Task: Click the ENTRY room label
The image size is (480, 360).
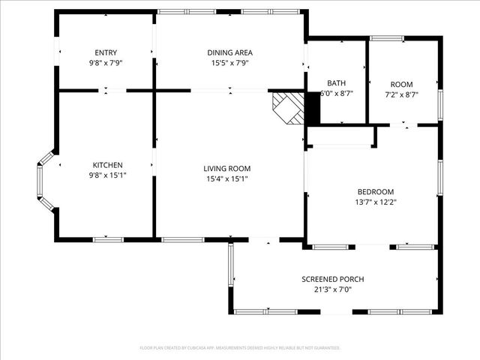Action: point(106,52)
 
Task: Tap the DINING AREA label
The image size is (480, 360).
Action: point(229,52)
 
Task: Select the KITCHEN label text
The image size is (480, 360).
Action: point(107,165)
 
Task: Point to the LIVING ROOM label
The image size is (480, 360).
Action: point(228,169)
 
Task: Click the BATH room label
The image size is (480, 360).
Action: point(336,83)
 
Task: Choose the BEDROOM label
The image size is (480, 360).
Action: point(375,192)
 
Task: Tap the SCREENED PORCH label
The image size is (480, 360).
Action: point(332,279)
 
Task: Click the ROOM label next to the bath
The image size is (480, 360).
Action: point(401,84)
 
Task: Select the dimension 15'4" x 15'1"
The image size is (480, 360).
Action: point(228,179)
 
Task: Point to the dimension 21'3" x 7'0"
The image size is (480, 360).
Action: point(332,289)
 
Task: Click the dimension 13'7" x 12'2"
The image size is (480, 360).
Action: point(375,202)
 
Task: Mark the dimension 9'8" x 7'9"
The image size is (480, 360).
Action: point(106,63)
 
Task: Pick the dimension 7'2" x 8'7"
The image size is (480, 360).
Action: point(401,94)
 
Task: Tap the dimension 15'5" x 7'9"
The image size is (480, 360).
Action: point(229,63)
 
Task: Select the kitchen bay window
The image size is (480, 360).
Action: point(43,181)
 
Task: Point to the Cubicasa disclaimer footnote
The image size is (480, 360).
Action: point(240,348)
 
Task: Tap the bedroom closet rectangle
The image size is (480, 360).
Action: point(341,136)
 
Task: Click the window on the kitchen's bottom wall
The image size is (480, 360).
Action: point(107,239)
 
